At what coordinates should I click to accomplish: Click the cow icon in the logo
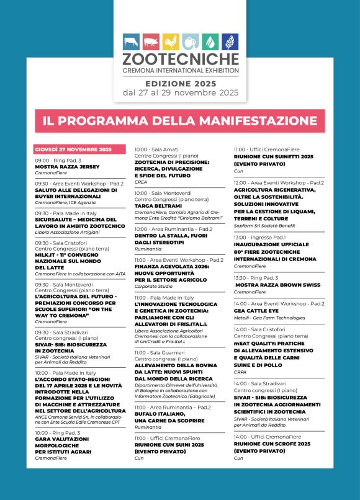coord(131,42)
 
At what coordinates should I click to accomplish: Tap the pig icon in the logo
coord(151,42)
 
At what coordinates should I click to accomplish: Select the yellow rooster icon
coord(171,42)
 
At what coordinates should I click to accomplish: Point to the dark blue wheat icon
coord(230,42)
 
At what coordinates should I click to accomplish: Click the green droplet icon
coord(210,42)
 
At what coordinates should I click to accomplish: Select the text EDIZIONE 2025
coord(180,83)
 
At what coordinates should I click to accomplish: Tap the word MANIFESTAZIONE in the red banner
coord(258,120)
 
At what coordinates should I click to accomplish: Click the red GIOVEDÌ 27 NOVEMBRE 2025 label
coord(73,150)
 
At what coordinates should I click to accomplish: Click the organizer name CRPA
coord(240,355)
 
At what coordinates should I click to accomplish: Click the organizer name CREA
coord(141,182)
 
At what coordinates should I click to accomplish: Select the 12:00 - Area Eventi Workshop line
coord(279,183)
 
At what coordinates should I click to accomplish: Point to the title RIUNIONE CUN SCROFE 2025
coord(272,444)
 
